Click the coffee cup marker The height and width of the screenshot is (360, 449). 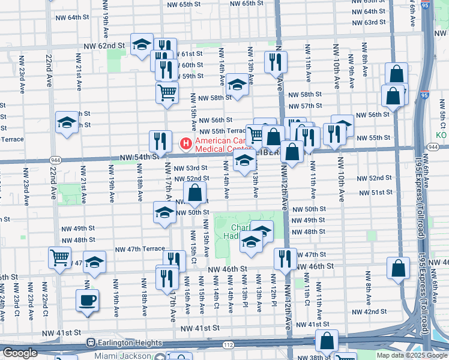[x=87, y=300]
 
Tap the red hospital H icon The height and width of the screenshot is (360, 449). [x=186, y=144]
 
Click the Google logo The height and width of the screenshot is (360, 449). [x=20, y=353]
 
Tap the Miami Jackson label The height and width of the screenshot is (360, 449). [x=127, y=355]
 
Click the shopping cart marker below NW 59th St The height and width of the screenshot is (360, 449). [x=167, y=92]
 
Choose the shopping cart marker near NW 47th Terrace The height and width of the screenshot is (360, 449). [x=60, y=257]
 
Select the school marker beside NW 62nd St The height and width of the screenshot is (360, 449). [x=142, y=45]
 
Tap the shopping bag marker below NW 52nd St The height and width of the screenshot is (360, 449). [x=195, y=193]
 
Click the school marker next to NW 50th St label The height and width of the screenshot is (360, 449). [x=164, y=212]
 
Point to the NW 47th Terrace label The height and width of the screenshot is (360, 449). [x=139, y=248]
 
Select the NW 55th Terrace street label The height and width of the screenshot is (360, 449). [x=223, y=131]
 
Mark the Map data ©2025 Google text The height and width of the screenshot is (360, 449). [x=412, y=355]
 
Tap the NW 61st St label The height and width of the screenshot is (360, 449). [x=191, y=54]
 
